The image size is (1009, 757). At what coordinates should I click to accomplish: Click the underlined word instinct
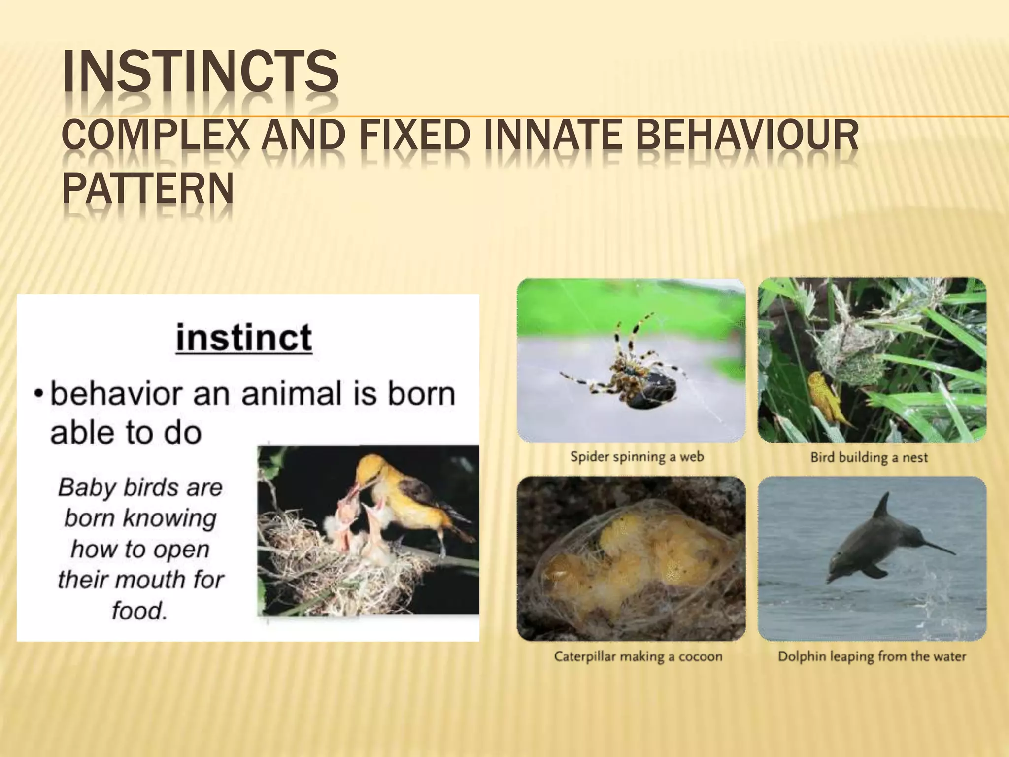244,338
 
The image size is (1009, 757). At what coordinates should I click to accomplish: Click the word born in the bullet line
421,394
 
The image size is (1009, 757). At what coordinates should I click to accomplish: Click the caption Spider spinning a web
637,457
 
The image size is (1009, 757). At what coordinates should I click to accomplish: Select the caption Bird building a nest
869,458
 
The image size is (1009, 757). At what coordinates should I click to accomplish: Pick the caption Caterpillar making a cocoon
638,656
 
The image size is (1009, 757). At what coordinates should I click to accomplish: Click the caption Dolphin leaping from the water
872,656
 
